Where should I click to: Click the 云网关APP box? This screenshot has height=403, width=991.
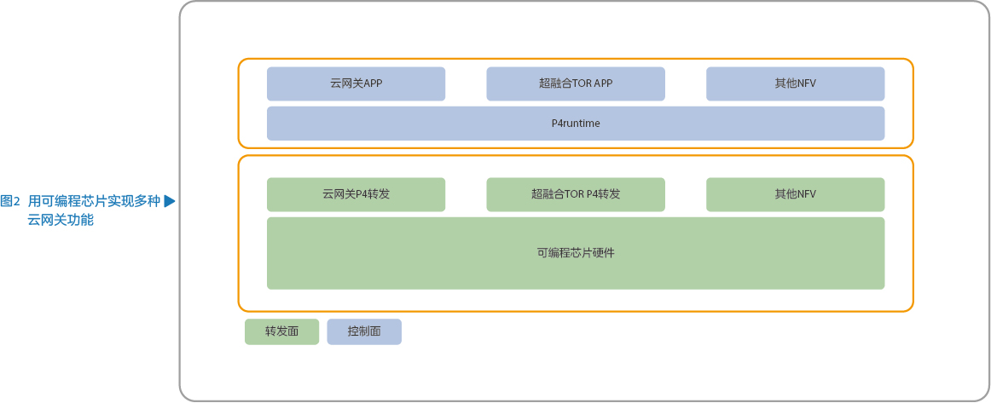pos(356,84)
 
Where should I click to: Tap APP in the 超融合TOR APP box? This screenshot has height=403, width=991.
pos(604,84)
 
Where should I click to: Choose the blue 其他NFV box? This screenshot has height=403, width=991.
pos(795,84)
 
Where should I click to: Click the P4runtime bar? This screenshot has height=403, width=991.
pos(576,124)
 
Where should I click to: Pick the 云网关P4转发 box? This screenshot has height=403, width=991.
pos(356,194)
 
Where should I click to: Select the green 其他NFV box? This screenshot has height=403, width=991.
pos(795,194)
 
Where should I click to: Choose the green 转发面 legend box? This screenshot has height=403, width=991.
pos(282,331)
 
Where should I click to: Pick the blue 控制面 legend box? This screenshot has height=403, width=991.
pos(364,331)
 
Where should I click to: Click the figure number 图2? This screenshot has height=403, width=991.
pos(10,201)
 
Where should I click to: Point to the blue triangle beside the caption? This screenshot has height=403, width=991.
pos(169,201)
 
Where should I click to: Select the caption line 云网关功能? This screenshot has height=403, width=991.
pos(61,221)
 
